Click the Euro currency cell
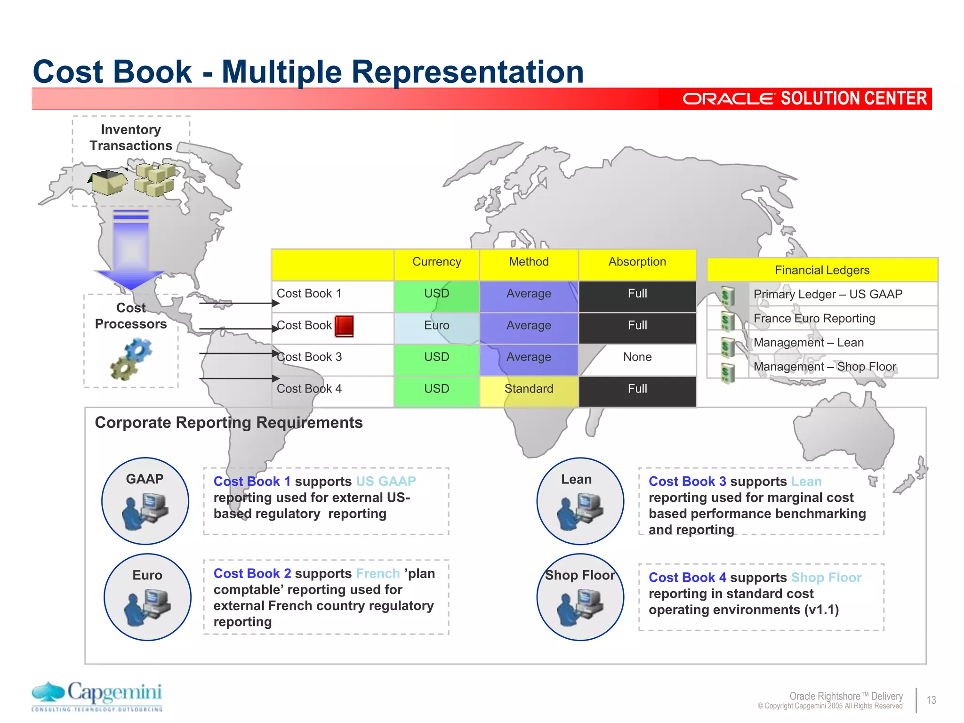point(436,326)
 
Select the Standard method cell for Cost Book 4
point(529,389)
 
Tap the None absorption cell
point(637,357)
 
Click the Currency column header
point(436,262)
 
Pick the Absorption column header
point(637,262)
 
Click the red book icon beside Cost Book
point(344,326)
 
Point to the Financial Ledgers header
point(822,270)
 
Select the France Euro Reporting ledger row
point(814,319)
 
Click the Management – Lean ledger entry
point(808,343)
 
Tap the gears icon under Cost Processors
point(131,360)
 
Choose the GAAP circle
point(145,501)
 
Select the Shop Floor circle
point(580,597)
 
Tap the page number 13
point(931,700)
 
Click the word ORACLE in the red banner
point(728,99)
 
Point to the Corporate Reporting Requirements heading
point(229,423)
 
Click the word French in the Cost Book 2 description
point(378,574)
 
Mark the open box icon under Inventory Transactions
point(109,182)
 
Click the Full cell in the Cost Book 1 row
point(637,294)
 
